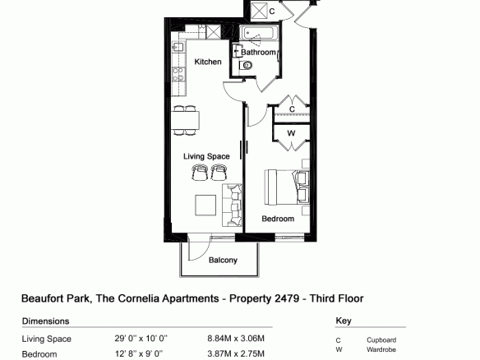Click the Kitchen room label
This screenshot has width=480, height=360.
click(208, 62)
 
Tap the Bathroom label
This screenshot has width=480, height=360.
click(258, 53)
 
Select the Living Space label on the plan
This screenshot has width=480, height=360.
click(206, 156)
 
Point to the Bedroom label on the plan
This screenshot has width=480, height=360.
click(278, 219)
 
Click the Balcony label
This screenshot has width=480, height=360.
click(223, 260)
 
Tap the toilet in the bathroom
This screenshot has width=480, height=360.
click(246, 65)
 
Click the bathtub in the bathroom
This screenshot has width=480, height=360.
click(259, 33)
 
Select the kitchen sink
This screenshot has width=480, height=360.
click(178, 47)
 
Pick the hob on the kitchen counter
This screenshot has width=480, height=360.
click(178, 75)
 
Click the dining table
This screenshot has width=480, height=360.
click(185, 120)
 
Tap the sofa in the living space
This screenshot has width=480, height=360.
click(232, 205)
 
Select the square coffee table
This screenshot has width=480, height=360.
click(205, 205)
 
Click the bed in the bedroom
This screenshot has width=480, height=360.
click(287, 187)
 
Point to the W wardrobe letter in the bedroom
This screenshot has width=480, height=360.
click(291, 133)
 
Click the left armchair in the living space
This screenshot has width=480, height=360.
click(199, 173)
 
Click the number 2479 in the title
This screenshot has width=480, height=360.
click(287, 298)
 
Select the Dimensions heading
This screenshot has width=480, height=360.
click(45, 321)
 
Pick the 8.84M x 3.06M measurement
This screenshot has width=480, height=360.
click(236, 339)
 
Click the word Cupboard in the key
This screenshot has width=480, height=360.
click(381, 340)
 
